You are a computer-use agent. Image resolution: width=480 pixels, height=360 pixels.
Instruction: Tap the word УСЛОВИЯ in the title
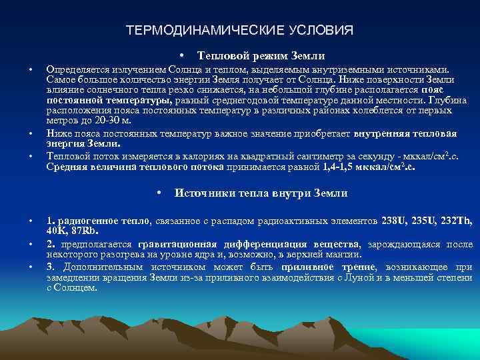pos(321,31)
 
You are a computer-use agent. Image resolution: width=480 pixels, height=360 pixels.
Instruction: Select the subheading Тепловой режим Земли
pos(261,55)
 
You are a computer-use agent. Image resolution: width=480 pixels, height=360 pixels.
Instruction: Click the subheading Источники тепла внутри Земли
pos(261,193)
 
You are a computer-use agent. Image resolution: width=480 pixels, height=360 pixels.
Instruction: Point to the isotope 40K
pos(57,231)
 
